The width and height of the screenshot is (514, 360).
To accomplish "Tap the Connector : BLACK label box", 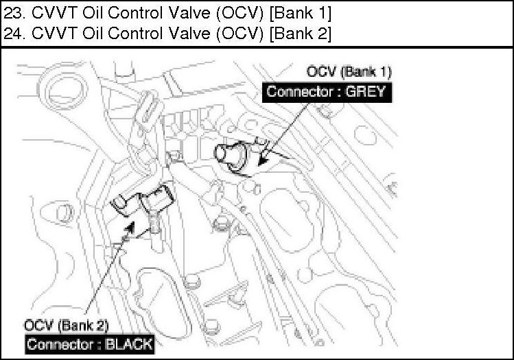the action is click(89, 344).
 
